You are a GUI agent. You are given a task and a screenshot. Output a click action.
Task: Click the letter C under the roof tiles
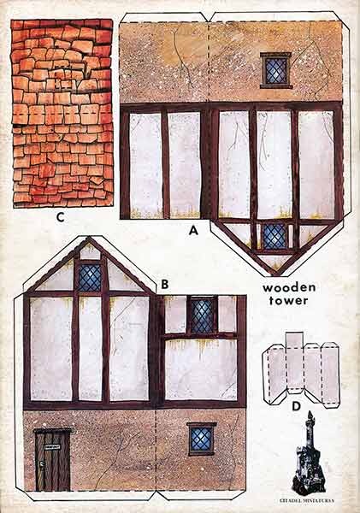click(x=61, y=216)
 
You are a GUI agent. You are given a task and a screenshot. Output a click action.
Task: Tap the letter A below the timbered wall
click(x=193, y=229)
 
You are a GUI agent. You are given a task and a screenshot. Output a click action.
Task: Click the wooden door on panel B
click(x=52, y=460)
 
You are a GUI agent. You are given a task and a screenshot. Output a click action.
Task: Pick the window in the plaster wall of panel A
click(x=275, y=70)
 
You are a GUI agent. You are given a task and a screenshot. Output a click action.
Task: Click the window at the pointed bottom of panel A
click(x=274, y=236)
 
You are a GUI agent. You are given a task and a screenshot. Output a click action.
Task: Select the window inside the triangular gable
click(x=90, y=276)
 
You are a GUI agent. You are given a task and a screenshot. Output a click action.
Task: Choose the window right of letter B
click(x=201, y=315)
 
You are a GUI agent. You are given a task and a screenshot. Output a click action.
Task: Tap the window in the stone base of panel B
click(x=201, y=439)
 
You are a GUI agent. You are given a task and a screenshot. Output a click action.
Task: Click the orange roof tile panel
click(x=62, y=112)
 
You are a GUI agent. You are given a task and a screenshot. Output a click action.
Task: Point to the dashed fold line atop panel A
click(x=209, y=60)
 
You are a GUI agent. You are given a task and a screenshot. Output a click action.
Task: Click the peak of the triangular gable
click(x=90, y=239)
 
